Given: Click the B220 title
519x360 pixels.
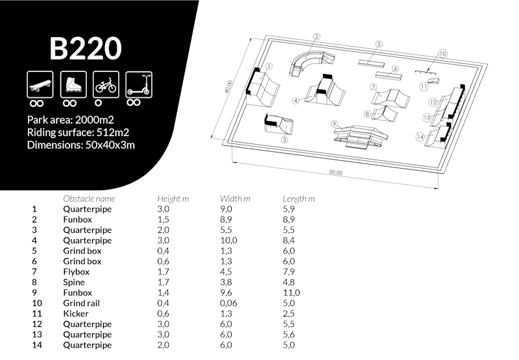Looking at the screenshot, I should tap(85, 48).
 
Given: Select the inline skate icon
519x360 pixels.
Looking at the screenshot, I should tap(71, 83).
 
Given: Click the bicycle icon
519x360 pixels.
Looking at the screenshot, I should tap(106, 83).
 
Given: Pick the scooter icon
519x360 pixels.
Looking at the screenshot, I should tap(138, 83).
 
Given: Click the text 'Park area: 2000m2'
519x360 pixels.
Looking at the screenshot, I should tap(71, 119).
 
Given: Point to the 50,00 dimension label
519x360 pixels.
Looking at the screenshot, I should tap(335, 173).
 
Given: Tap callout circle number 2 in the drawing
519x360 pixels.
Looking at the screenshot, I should tap(317, 37).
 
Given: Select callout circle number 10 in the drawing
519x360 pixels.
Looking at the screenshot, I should tap(442, 54).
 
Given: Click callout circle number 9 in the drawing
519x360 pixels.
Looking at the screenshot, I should tap(334, 123).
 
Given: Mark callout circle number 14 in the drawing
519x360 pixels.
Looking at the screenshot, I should tap(420, 137).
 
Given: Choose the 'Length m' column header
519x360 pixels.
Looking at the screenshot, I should tap(299, 198).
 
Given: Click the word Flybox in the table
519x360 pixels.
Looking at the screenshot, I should tap(77, 272).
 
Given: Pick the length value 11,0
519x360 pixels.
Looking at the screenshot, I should tap(291, 293).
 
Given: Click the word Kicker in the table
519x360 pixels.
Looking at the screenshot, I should tap(76, 313).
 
